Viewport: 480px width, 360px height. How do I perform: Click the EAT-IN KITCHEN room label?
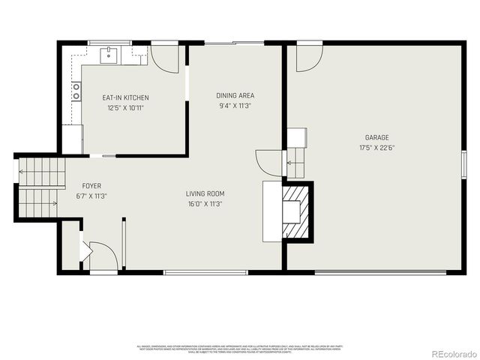click(x=125, y=97)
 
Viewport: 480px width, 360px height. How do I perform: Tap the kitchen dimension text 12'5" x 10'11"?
click(x=125, y=107)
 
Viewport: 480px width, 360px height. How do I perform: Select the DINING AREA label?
click(x=235, y=95)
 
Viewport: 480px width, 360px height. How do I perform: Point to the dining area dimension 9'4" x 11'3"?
click(x=235, y=106)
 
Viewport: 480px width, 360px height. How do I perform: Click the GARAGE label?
click(x=376, y=138)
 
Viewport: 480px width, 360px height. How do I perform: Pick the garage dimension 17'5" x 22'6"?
click(x=376, y=148)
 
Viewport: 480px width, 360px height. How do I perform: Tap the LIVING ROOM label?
click(x=205, y=193)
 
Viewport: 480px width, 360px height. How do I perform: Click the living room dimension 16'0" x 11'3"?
click(x=205, y=204)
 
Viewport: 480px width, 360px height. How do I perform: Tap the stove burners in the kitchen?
click(x=76, y=92)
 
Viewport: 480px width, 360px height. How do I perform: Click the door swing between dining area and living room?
click(x=268, y=160)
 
